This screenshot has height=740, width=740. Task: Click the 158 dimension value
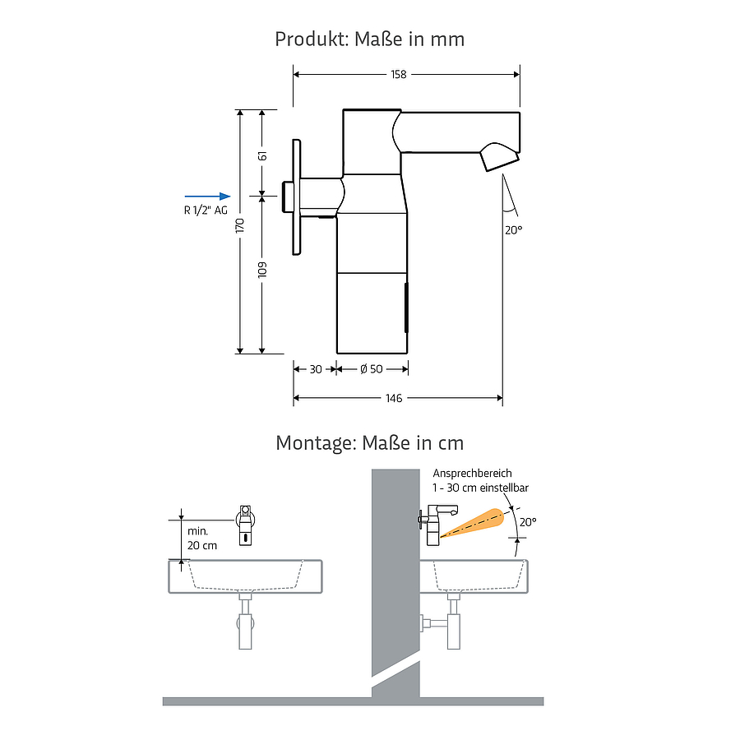(398, 75)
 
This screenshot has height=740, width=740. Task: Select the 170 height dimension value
(240, 225)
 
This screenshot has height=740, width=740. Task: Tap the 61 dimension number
(262, 155)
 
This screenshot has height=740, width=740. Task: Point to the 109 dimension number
(262, 270)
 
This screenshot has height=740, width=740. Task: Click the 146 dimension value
(394, 398)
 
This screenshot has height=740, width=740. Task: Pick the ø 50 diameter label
(372, 369)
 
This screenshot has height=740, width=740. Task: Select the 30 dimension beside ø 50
(316, 369)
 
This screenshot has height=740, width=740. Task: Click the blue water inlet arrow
(208, 197)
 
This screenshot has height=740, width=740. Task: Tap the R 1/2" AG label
(206, 210)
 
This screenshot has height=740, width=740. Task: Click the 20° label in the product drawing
(513, 230)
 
